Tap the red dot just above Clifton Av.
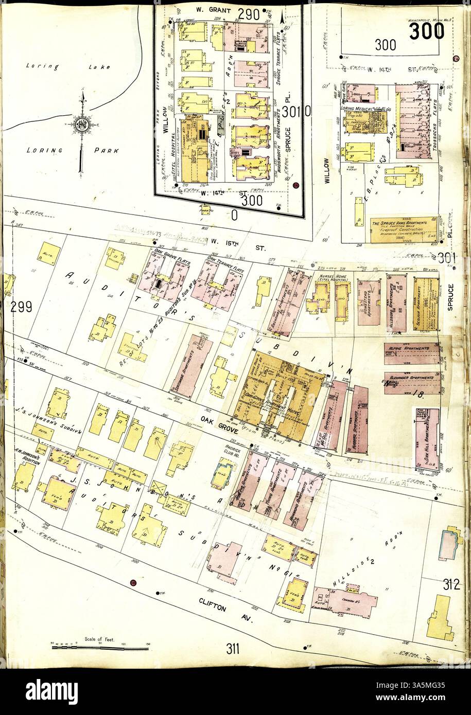click(133, 582)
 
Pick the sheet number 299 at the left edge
click(21, 307)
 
